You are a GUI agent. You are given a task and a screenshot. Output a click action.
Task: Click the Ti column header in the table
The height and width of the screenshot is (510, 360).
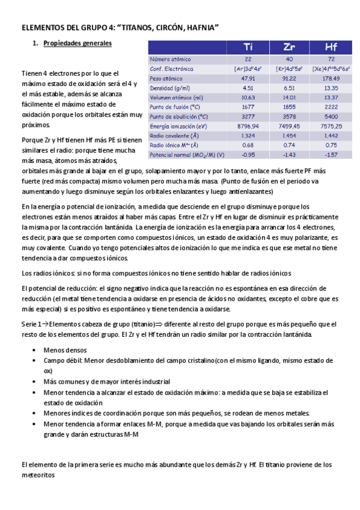[248, 47]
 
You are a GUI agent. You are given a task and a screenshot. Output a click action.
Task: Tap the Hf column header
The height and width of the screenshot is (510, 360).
[331, 47]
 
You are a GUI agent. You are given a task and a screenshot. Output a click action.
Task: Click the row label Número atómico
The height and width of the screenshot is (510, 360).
[171, 60]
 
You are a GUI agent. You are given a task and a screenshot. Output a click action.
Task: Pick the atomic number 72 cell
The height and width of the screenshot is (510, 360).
[331, 60]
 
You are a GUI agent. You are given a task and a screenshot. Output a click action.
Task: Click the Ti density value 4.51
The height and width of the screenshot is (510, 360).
[248, 88]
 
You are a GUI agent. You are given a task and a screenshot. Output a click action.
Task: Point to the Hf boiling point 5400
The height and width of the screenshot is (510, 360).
[331, 117]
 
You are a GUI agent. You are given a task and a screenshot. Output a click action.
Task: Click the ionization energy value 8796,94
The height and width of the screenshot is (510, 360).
[248, 126]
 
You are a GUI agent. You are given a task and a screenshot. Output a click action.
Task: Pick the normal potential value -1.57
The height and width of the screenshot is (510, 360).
[331, 155]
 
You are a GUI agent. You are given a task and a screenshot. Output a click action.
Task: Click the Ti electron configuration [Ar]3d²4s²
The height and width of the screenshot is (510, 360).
[248, 69]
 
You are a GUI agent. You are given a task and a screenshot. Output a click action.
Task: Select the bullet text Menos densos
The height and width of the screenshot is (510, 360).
[65, 349]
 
